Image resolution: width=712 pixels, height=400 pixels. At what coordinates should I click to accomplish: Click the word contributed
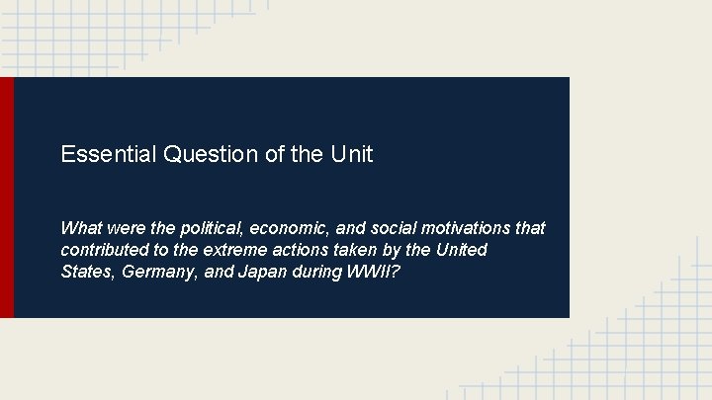point(103,250)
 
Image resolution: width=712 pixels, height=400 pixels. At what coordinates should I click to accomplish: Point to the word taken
point(359,250)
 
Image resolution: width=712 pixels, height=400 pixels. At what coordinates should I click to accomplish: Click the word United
point(461,250)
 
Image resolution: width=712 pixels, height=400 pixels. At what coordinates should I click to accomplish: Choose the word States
point(86,272)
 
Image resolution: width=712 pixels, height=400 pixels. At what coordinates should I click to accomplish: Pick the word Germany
point(158,272)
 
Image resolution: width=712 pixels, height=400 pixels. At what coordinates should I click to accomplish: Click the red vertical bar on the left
point(7,198)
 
